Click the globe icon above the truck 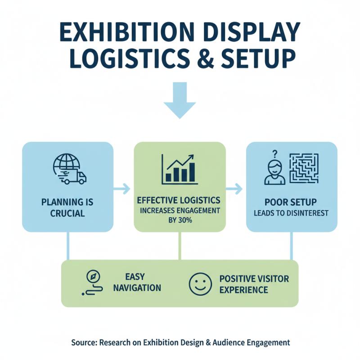tap(63, 163)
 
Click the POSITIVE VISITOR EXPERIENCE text tap(254, 283)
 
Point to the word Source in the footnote tap(84, 342)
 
